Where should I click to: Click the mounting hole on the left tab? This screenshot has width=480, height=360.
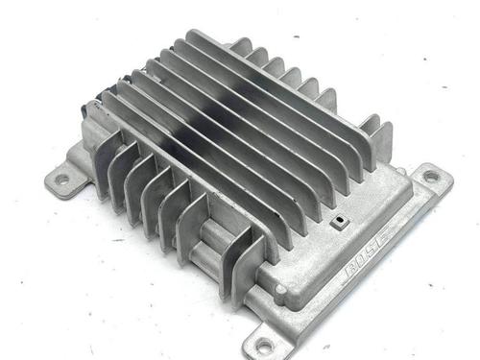[62, 180]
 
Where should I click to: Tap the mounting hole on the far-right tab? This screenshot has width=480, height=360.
[431, 176]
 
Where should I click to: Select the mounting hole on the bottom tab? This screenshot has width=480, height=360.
[264, 345]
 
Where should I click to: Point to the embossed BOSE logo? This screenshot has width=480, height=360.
[371, 259]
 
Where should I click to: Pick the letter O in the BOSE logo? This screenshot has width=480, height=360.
[364, 263]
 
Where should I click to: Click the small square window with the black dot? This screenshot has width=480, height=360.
[339, 222]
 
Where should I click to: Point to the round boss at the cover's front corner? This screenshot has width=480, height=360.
[280, 290]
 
